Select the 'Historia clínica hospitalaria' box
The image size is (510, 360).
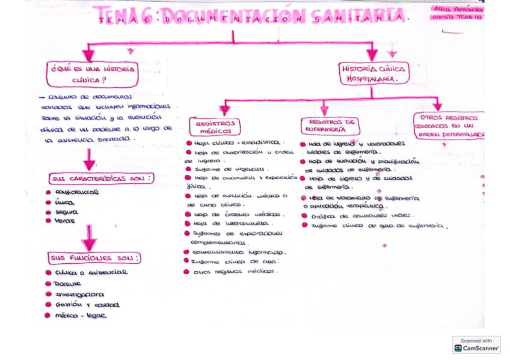coord(373,73)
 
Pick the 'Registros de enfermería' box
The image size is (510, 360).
coord(330,126)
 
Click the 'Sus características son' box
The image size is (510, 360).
coord(101,178)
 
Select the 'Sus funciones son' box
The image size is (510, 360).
coord(95,258)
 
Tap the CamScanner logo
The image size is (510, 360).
coord(476,344)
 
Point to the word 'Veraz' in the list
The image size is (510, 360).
coord(65,221)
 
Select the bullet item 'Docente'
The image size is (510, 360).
coord(67,283)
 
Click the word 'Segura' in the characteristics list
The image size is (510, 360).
coord(66,212)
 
